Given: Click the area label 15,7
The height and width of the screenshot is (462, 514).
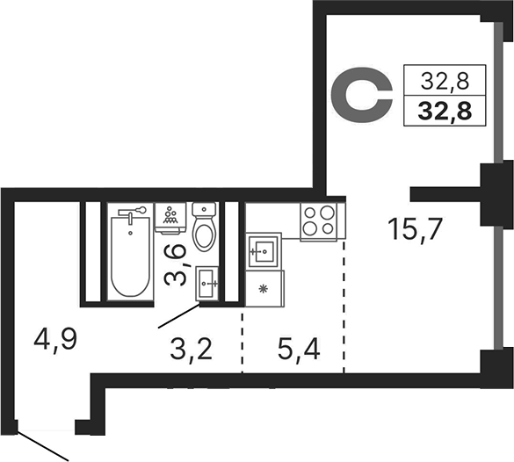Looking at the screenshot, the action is click(x=416, y=229).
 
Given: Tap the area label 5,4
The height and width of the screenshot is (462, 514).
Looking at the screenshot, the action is click(x=299, y=349).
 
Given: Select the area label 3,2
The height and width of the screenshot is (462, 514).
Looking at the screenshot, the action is click(x=192, y=349).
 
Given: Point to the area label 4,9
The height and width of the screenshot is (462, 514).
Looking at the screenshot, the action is click(x=55, y=339).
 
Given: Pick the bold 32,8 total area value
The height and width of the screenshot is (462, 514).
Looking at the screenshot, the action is click(x=445, y=111).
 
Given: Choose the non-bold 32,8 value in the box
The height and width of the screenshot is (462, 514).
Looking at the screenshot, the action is click(x=445, y=81).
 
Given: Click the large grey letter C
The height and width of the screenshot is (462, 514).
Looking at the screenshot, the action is click(x=362, y=96).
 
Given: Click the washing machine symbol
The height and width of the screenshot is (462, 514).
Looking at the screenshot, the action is click(x=170, y=218).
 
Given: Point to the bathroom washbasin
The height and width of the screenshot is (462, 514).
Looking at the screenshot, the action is click(x=207, y=284).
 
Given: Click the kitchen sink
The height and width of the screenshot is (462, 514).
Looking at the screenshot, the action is click(x=264, y=250).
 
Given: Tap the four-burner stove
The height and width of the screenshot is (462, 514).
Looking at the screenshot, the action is click(x=319, y=222).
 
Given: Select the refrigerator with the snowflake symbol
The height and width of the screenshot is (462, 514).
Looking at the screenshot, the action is click(x=264, y=288).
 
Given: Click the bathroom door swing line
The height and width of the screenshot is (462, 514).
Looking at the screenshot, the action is click(x=179, y=315).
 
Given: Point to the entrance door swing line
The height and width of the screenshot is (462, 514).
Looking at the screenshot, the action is click(x=42, y=446).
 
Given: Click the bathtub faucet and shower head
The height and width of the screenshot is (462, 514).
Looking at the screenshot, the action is click(x=132, y=213).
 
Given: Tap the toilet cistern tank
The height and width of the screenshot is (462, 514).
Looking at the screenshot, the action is click(x=204, y=209).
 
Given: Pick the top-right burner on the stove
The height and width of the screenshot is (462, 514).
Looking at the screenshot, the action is click(x=327, y=213).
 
